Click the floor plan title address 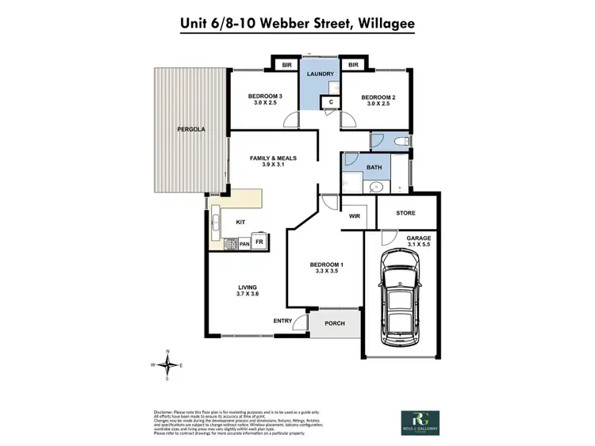pyautogui.click(x=297, y=24)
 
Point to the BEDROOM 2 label pyautogui.click(x=378, y=98)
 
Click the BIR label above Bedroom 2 pyautogui.click(x=354, y=64)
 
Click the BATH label pyautogui.click(x=373, y=167)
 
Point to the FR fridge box pyautogui.click(x=259, y=242)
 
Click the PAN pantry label pyautogui.click(x=244, y=244)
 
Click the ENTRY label pyautogui.click(x=282, y=320)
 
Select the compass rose pyautogui.click(x=167, y=365)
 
